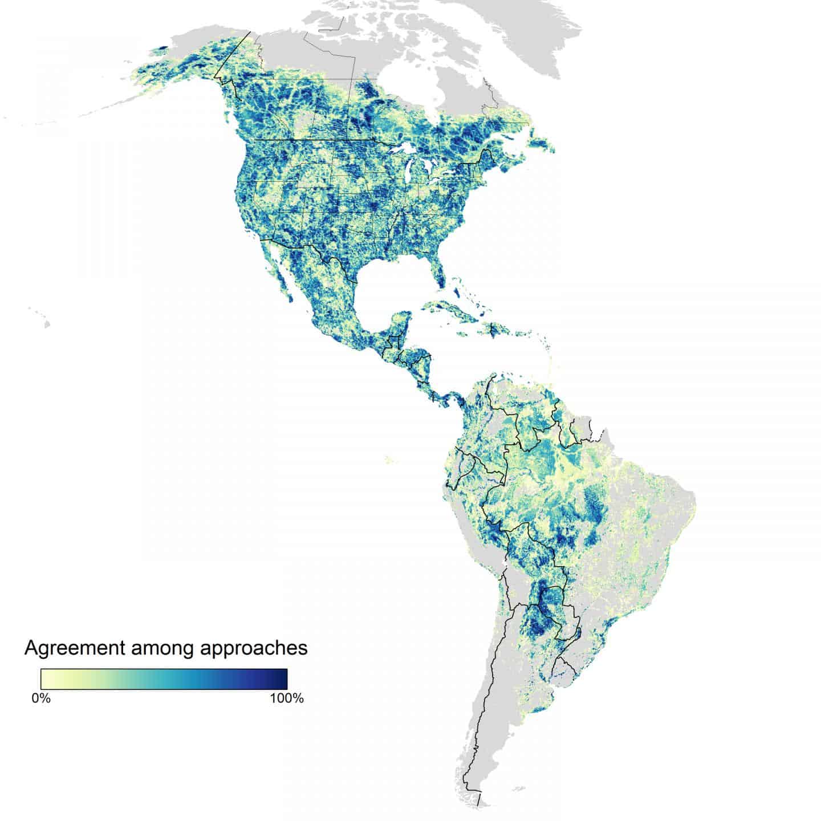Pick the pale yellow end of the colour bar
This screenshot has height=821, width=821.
pyautogui.click(x=46, y=679)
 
